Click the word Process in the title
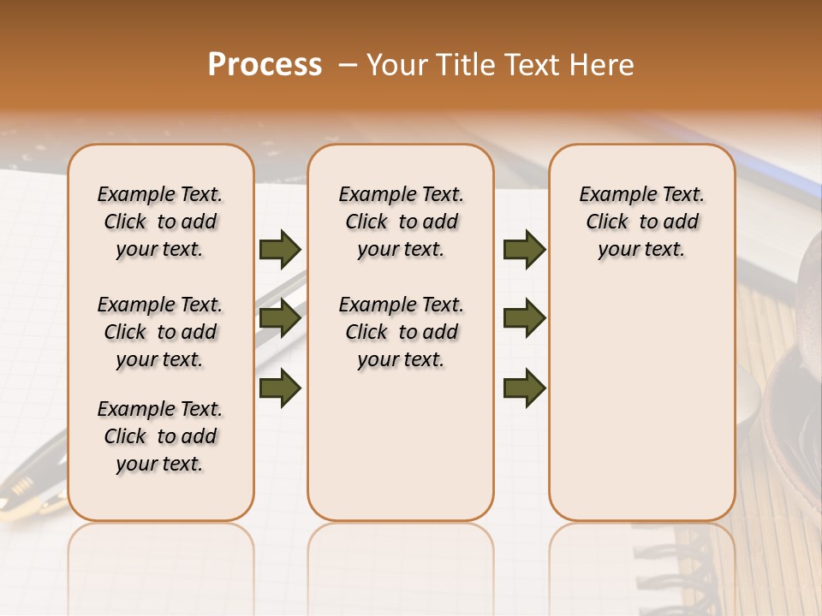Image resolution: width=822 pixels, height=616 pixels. coord(265,65)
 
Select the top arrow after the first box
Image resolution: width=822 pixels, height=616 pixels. coord(280,250)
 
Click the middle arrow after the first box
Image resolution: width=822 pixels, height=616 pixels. coord(280,319)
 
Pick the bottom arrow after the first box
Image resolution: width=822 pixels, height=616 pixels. coord(280,388)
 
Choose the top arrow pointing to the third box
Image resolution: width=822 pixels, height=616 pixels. coord(524,250)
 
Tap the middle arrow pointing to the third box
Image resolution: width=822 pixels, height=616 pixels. coord(524,319)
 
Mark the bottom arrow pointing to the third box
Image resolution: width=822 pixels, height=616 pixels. coord(524,388)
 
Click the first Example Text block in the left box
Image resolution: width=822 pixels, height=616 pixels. coord(160,222)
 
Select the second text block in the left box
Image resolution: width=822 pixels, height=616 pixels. coord(160,332)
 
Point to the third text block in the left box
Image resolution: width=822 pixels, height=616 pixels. coord(160,436)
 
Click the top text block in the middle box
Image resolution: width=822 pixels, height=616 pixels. coord(401,222)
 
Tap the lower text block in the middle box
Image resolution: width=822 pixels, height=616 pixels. coord(401,332)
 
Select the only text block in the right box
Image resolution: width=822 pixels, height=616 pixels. coord(642,222)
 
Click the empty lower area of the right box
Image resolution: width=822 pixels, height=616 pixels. coord(642,411)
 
